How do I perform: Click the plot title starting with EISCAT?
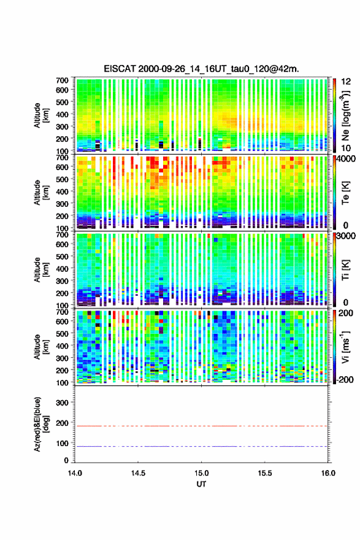(201, 69)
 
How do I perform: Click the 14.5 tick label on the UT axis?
(138, 473)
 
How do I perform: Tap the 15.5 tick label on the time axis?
(265, 473)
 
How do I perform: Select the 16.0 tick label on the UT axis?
(328, 473)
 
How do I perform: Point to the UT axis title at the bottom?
(201, 484)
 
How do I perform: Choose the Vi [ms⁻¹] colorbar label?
(346, 347)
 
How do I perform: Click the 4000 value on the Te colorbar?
(347, 159)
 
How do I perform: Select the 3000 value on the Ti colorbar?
(347, 236)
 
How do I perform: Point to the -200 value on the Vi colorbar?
(345, 379)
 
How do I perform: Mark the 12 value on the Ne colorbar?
(346, 82)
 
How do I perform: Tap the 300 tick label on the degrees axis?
(62, 403)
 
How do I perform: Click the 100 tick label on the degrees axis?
(62, 443)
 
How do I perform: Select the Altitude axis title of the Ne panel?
(41, 115)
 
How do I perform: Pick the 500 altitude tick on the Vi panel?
(62, 333)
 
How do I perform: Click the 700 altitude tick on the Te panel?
(62, 157)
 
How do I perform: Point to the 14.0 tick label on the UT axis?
(75, 473)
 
